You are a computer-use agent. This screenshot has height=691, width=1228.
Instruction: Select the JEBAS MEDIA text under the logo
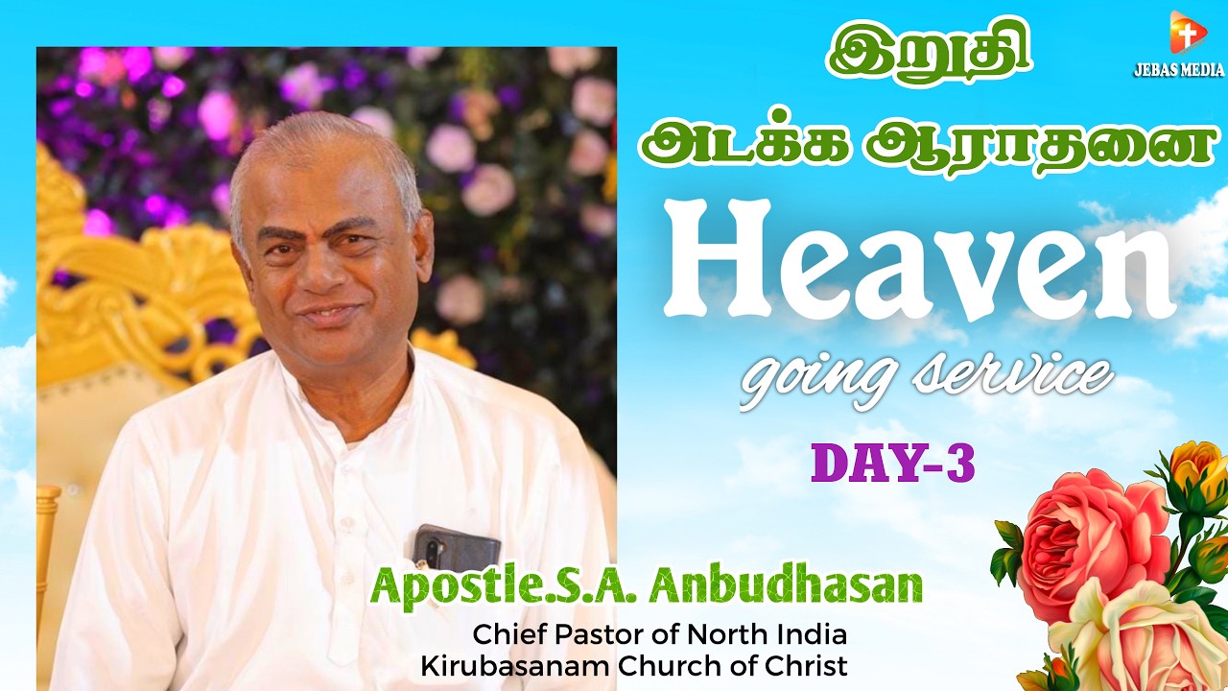click(1178, 70)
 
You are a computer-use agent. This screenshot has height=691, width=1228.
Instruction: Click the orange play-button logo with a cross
click(1186, 35)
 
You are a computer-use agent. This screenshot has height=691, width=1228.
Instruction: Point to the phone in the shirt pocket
click(457, 548)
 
